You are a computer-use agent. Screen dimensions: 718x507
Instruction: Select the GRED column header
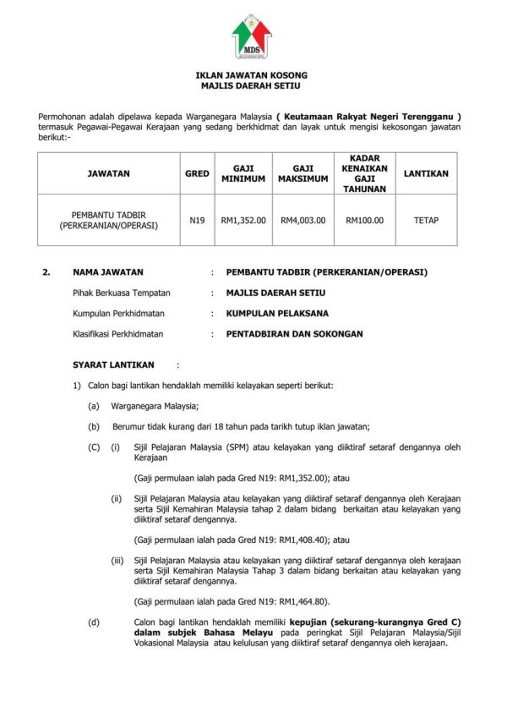pos(197,173)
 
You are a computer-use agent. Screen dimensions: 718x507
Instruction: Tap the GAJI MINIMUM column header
pos(243,173)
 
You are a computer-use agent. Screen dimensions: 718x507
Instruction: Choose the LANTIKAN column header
pos(426,173)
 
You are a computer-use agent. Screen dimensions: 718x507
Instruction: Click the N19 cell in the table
pos(197,220)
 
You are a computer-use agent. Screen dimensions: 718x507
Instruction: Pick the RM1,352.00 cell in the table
pos(243,220)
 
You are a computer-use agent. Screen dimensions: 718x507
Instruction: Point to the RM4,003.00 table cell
pos(303,220)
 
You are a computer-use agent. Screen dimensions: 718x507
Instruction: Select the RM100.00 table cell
pos(364,220)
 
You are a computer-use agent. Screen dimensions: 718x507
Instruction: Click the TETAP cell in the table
pos(426,220)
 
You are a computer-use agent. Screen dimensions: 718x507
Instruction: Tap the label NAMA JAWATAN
pos(108,272)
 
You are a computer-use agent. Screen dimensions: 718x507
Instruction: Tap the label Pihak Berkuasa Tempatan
pos(122,293)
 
